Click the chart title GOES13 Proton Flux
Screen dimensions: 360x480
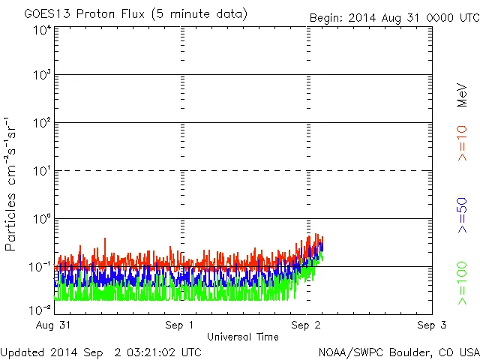[x=136, y=14]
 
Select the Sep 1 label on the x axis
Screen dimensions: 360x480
[x=179, y=325]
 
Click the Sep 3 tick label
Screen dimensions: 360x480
[x=431, y=325]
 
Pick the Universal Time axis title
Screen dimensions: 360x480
[x=242, y=337]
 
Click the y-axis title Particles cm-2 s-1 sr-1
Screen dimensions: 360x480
[x=12, y=184]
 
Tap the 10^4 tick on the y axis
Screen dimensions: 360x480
[x=42, y=30]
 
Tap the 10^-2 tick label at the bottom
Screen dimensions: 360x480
[x=40, y=309]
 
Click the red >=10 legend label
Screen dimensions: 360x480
[x=462, y=142]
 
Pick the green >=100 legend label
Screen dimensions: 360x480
[x=462, y=283]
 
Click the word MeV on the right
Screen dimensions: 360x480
[x=462, y=94]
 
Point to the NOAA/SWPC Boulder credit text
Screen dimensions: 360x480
[x=398, y=352]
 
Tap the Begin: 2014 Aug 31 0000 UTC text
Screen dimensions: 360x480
[x=393, y=17]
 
